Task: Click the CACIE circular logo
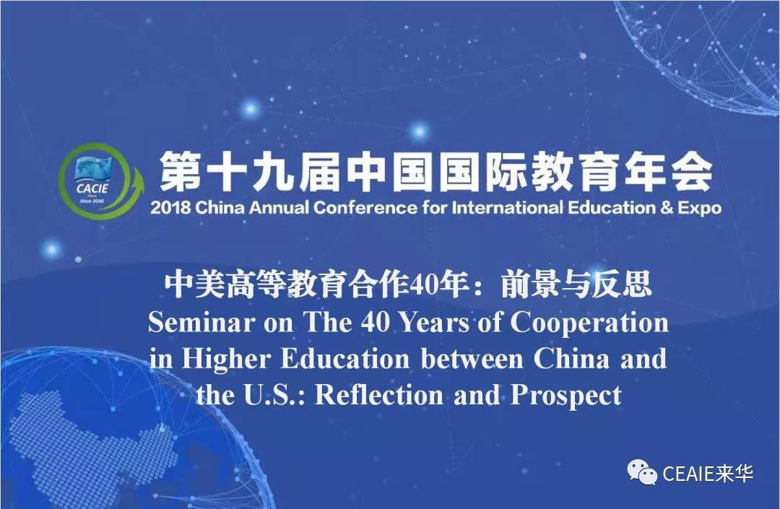100,180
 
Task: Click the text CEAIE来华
708,473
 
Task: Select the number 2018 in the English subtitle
170,208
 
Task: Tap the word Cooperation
589,323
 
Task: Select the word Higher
226,360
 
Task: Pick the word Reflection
379,396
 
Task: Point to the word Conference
365,208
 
